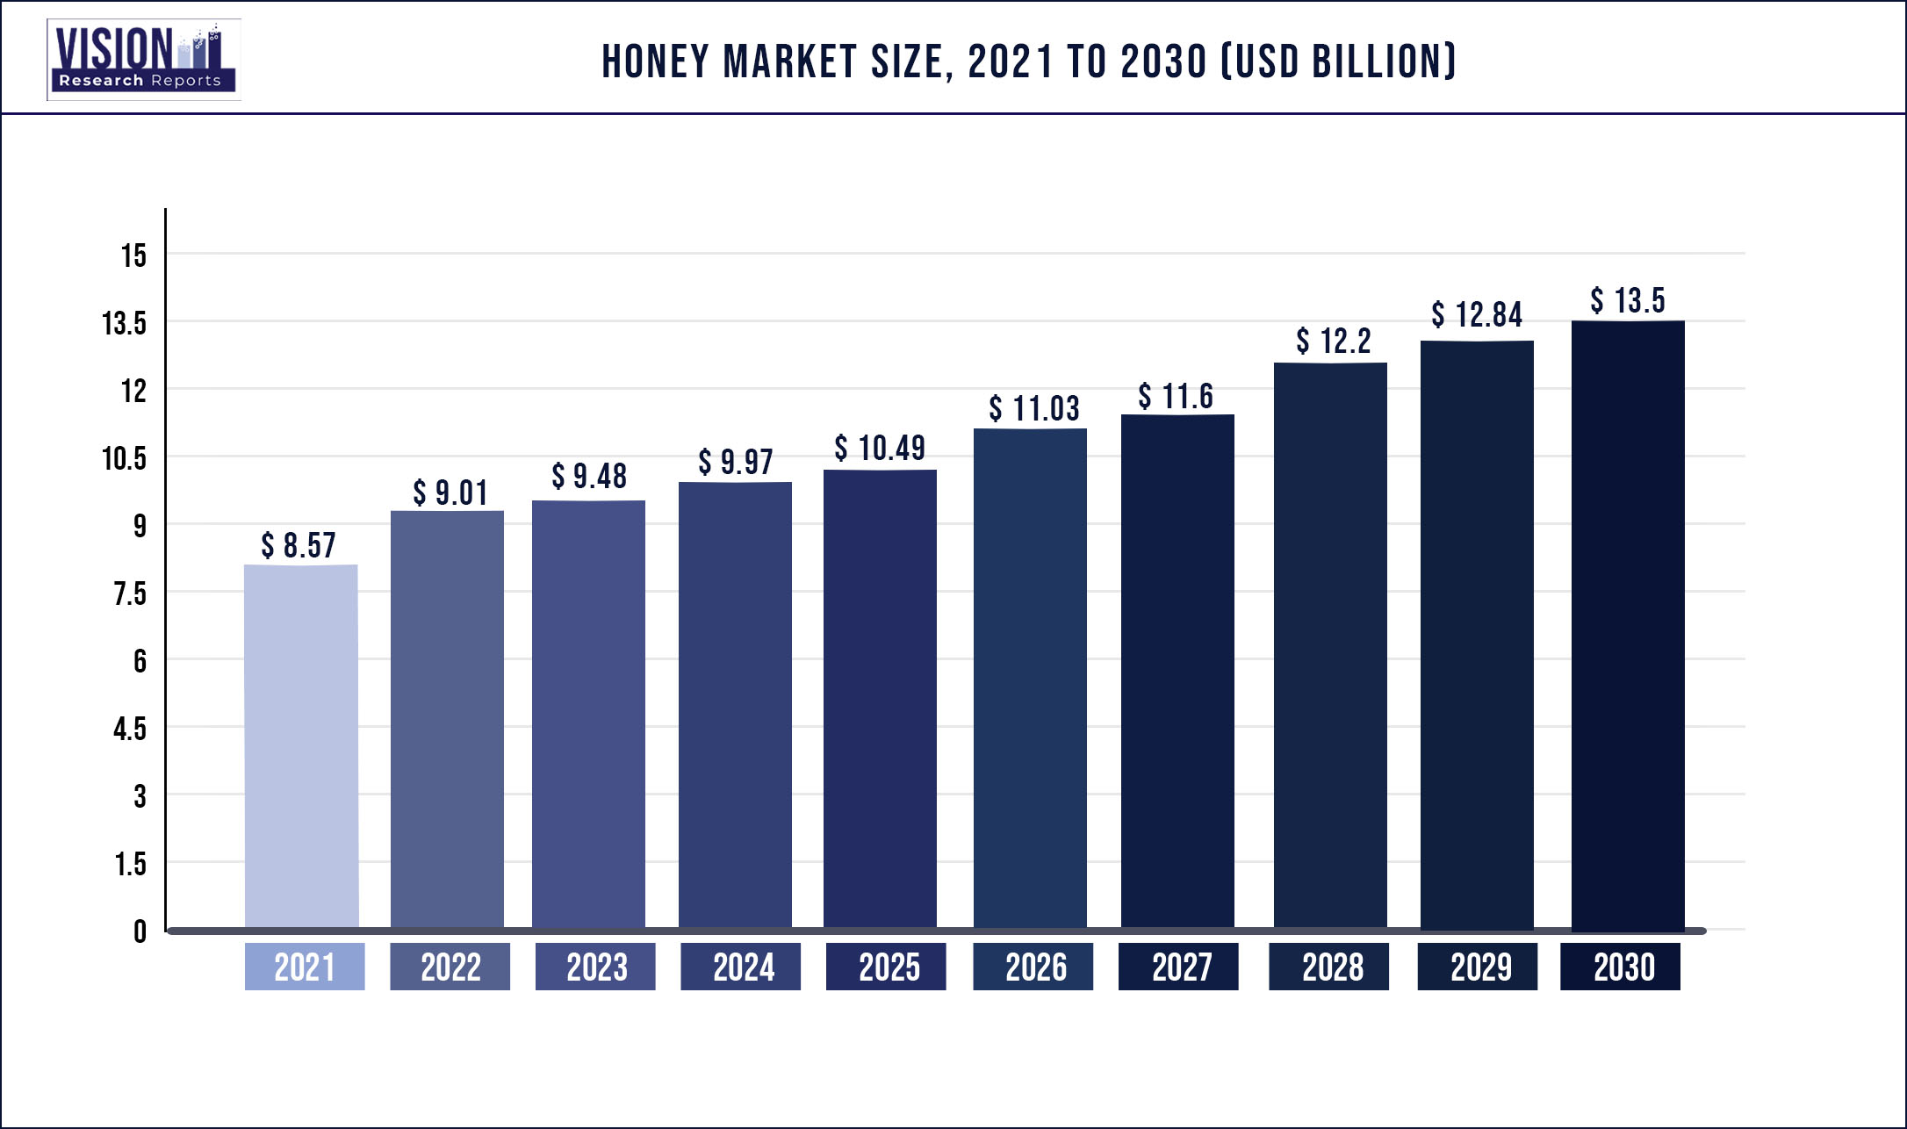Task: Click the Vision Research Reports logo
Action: tap(144, 60)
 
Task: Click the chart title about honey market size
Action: tap(1028, 61)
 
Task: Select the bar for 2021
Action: tap(301, 746)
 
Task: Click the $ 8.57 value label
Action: tap(299, 545)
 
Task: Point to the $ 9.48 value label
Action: tap(589, 476)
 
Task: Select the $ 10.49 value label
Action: tap(880, 448)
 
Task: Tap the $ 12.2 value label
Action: tap(1333, 341)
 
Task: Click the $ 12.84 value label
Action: tap(1477, 314)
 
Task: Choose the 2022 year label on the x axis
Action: tap(450, 967)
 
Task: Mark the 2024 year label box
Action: tap(741, 967)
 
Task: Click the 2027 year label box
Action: tap(1178, 967)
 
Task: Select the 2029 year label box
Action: tap(1478, 967)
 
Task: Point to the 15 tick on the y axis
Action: tap(133, 255)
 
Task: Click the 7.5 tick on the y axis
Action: tap(130, 594)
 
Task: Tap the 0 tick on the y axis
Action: tap(140, 931)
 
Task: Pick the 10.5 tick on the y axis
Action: tap(124, 458)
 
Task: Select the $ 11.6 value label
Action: tap(1176, 396)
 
